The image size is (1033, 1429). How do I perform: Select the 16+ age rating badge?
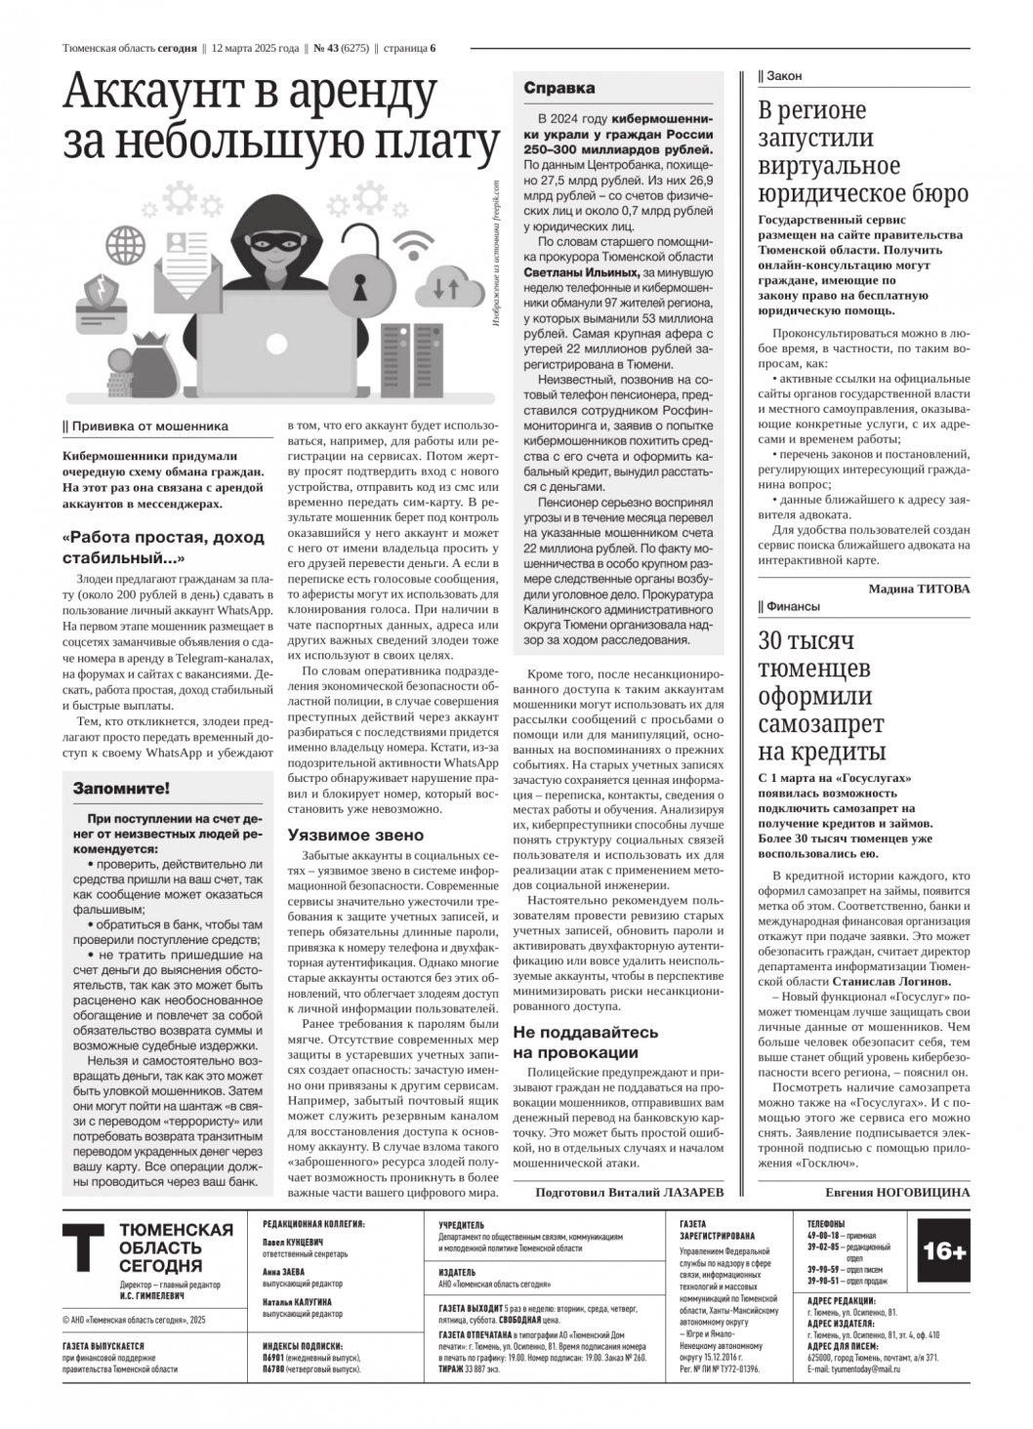[943, 1251]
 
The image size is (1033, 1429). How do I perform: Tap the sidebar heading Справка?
[558, 89]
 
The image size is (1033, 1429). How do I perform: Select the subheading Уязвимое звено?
[355, 835]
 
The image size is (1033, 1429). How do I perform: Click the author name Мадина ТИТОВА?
[919, 589]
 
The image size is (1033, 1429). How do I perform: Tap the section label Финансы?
[793, 606]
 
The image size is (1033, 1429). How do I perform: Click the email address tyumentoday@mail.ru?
[853, 1368]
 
